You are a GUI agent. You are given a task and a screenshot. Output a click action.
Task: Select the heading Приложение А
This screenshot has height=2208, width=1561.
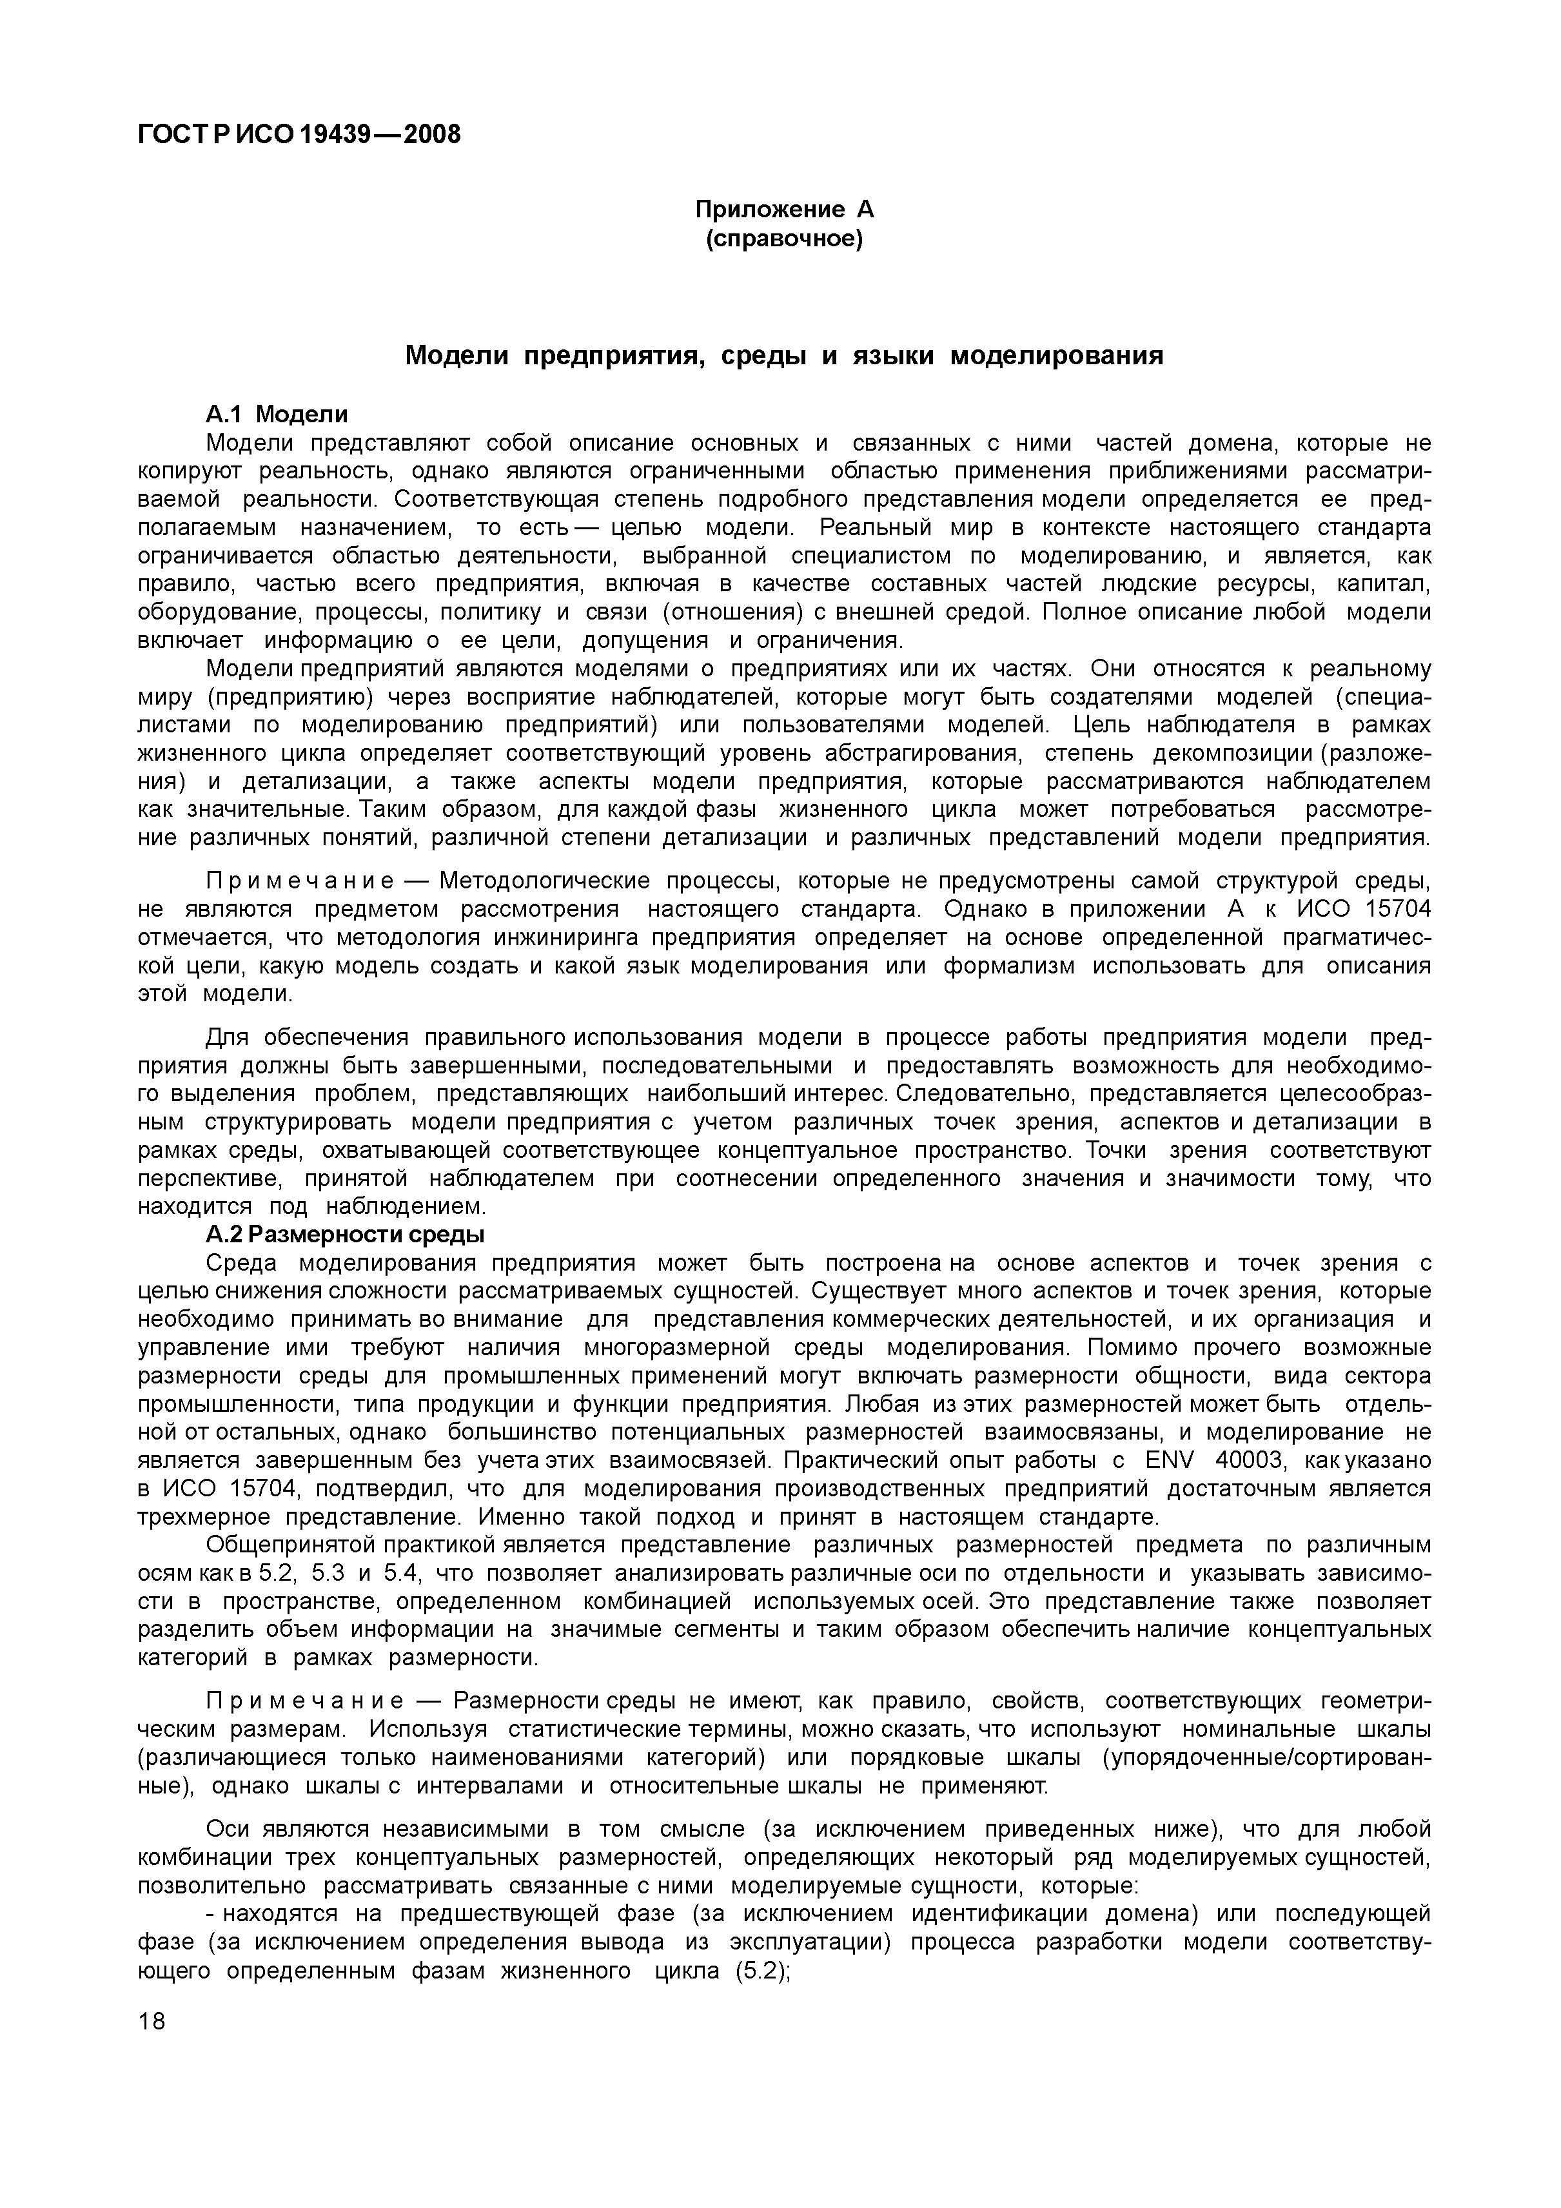tap(784, 210)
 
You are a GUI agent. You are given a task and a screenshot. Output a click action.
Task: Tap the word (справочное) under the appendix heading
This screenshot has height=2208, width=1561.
tap(784, 237)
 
